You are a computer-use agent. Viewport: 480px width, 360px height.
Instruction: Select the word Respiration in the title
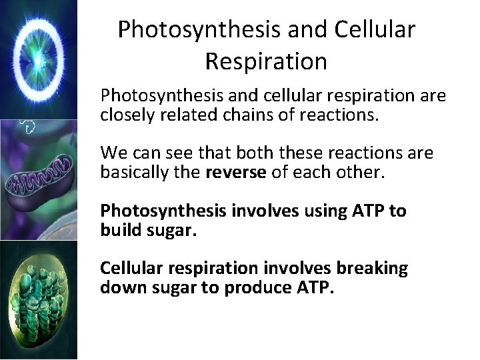266,61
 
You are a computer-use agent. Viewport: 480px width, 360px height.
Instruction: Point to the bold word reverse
235,172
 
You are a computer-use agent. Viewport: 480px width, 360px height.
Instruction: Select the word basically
129,172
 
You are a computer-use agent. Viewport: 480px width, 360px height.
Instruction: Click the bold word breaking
372,268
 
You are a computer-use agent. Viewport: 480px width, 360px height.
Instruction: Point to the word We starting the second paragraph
111,153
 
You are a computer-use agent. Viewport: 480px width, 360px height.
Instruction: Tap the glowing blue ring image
38,59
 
